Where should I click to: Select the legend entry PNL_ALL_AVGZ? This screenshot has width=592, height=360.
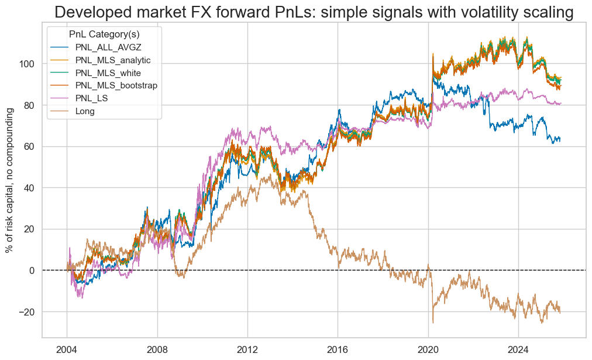[105, 47]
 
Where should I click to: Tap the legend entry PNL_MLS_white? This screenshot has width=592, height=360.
[107, 73]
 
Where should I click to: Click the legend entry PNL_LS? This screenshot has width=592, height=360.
[91, 98]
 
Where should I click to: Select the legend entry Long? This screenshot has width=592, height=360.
[86, 111]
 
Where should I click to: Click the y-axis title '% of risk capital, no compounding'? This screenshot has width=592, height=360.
[10, 181]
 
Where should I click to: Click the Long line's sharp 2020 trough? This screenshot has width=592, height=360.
[433, 323]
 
